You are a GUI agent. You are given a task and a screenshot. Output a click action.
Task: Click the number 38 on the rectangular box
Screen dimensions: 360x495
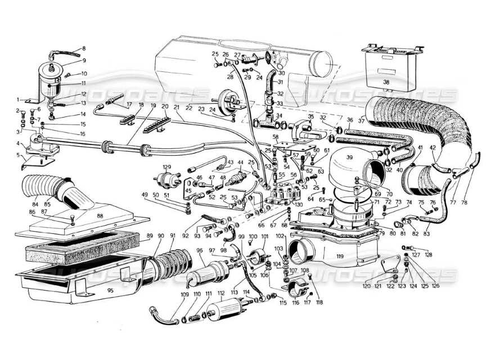pyautogui.click(x=386, y=82)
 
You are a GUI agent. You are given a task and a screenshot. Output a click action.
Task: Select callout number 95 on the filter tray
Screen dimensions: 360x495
pyautogui.click(x=110, y=290)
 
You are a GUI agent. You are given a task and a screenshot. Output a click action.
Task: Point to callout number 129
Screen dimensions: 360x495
pyautogui.click(x=167, y=167)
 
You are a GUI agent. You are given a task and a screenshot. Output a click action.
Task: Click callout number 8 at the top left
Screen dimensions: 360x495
pyautogui.click(x=84, y=48)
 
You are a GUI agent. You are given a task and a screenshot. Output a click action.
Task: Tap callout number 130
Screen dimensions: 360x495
pyautogui.click(x=298, y=205)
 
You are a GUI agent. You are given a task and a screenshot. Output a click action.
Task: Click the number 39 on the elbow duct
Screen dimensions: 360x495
pyautogui.click(x=350, y=159)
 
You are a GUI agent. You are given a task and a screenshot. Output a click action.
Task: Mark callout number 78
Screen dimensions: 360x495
pyautogui.click(x=465, y=202)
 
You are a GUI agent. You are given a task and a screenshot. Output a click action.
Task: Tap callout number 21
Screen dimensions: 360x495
pyautogui.click(x=176, y=107)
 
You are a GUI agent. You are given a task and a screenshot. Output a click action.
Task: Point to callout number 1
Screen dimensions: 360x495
pyautogui.click(x=17, y=100)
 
